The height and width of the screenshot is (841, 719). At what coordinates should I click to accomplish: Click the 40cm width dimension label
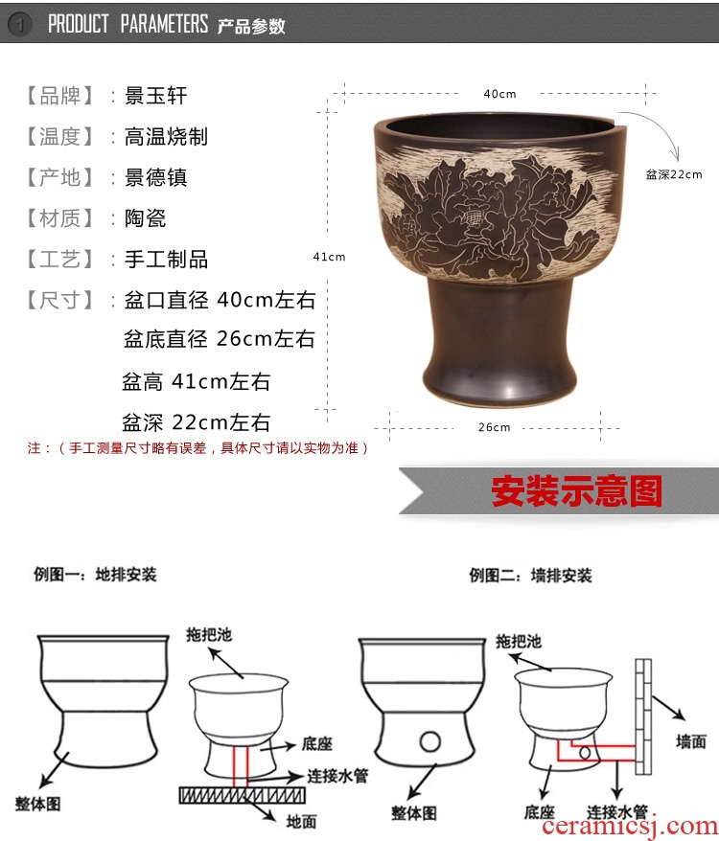point(499,94)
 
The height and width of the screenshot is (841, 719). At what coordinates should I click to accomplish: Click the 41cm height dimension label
point(329,257)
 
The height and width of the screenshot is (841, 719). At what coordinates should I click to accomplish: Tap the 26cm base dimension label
point(494,427)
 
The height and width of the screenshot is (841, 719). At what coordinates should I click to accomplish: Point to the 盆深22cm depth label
point(673,174)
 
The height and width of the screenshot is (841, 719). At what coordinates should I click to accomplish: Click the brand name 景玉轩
point(155,96)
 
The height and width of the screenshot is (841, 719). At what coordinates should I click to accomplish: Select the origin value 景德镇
point(155,177)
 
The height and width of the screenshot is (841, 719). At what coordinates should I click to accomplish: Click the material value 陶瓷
point(145,218)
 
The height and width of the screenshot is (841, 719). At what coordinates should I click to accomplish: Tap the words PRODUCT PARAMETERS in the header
point(128,24)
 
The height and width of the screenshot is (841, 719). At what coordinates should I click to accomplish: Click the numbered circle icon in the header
point(20,24)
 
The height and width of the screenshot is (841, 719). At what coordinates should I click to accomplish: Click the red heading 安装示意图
point(577,490)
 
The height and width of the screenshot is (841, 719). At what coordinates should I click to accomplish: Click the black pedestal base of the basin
point(499,342)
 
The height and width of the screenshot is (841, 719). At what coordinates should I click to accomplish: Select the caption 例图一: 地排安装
point(95,575)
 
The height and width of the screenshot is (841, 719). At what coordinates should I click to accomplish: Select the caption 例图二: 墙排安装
point(530,576)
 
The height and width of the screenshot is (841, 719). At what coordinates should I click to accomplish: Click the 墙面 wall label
point(690,741)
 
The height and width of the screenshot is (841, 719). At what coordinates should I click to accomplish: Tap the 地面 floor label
point(301,821)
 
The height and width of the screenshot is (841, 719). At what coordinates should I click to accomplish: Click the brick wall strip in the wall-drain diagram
point(643,716)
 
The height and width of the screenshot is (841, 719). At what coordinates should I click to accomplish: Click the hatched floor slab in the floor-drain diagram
point(243,795)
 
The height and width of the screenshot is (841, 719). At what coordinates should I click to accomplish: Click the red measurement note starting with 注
point(198,448)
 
